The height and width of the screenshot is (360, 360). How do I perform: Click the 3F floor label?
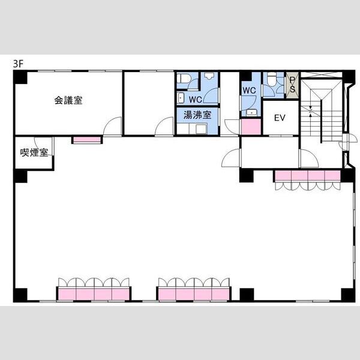point(19,64)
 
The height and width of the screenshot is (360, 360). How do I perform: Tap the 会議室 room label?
point(68,100)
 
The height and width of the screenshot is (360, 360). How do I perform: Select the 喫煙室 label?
point(34,152)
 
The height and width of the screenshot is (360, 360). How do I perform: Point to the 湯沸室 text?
point(197,115)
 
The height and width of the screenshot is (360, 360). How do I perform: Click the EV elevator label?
point(280,118)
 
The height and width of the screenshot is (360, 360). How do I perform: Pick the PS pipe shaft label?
point(292,85)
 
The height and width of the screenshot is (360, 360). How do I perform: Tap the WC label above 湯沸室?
point(196,100)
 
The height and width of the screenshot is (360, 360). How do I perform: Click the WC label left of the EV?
point(249,91)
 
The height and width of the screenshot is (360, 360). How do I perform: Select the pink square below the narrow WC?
point(251,127)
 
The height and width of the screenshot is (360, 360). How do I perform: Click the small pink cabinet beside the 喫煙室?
point(87,140)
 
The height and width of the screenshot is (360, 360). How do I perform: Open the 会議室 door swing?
point(112,126)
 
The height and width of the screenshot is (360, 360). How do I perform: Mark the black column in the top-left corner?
point(20,77)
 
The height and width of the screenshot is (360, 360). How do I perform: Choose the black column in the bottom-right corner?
point(348,295)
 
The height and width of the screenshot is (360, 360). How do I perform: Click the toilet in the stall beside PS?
point(272,79)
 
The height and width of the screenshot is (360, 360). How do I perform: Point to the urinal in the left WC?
point(209,76)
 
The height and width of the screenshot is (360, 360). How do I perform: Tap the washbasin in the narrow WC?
point(252,113)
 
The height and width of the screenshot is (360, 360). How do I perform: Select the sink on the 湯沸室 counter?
point(201,129)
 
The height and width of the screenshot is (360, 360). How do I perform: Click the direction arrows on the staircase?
point(310,112)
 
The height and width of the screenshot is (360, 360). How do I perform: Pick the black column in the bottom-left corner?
point(20,295)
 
